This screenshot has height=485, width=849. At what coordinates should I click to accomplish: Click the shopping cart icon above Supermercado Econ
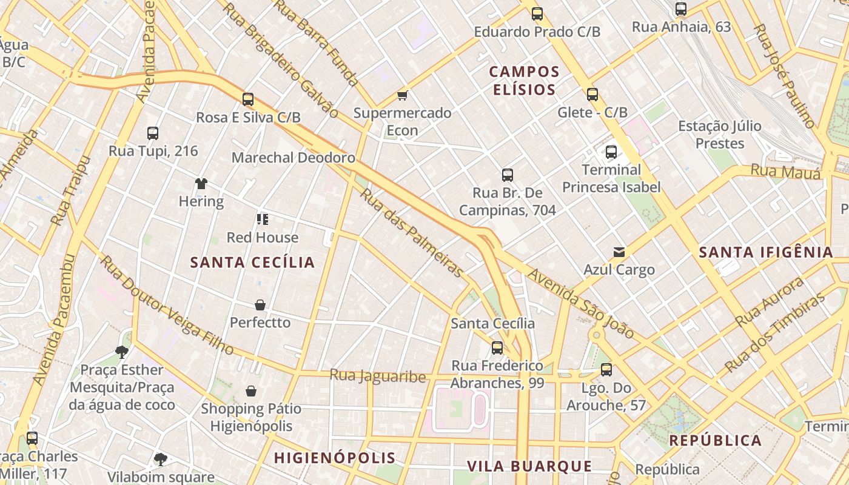point(402,95)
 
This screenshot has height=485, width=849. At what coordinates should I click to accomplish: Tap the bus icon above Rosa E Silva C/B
point(248,99)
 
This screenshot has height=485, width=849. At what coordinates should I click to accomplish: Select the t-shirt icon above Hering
point(201,183)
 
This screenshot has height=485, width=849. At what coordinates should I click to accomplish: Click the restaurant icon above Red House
point(263,219)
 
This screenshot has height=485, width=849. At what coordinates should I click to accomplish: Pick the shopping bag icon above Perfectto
point(260,305)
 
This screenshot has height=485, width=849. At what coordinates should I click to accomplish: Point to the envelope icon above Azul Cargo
point(619,252)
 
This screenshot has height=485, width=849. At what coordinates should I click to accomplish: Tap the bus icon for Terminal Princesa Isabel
point(611,152)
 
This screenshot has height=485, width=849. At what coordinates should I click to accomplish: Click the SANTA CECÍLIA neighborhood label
point(252,263)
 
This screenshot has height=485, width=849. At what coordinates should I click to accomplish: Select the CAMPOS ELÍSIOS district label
point(524,81)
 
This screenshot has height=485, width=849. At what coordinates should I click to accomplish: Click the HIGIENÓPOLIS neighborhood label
point(334,458)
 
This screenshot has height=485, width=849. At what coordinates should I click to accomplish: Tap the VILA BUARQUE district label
point(529,466)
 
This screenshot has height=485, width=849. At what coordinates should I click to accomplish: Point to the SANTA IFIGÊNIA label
point(766,253)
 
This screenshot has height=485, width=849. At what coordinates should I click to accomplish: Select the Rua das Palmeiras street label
point(412,233)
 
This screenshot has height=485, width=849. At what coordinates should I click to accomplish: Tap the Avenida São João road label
point(580,304)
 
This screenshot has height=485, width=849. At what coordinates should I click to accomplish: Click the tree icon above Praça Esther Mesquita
point(122,352)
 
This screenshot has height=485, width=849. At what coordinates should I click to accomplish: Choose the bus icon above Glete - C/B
point(592,95)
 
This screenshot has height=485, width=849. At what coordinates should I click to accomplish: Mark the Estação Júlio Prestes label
point(720,135)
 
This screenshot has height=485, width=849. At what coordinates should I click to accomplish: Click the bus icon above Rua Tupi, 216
point(153,133)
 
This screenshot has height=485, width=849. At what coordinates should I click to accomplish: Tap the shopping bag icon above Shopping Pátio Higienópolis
point(251,391)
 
